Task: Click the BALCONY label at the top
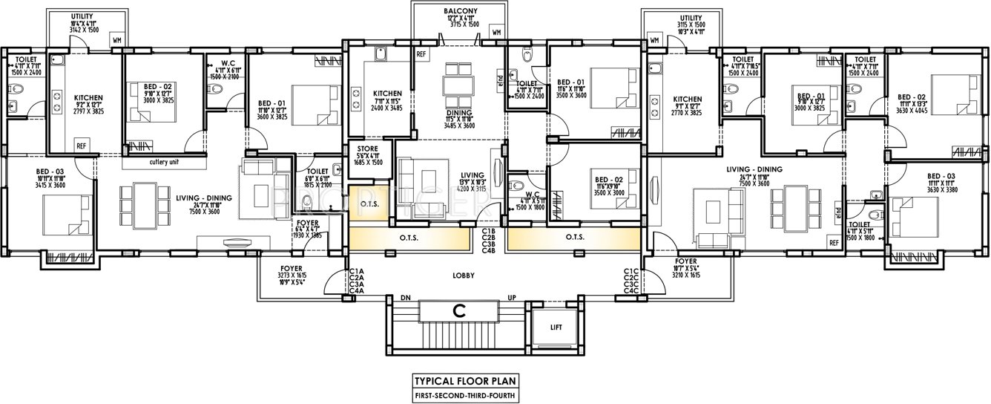coord(460,11)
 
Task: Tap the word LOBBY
coord(463,276)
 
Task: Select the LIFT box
coord(556,327)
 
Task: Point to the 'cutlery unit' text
coord(164,163)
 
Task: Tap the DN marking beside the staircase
coord(406,298)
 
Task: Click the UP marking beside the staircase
coord(511,298)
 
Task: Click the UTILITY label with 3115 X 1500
coord(690,18)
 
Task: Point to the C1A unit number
coord(356,271)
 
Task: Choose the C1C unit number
coord(631,271)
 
